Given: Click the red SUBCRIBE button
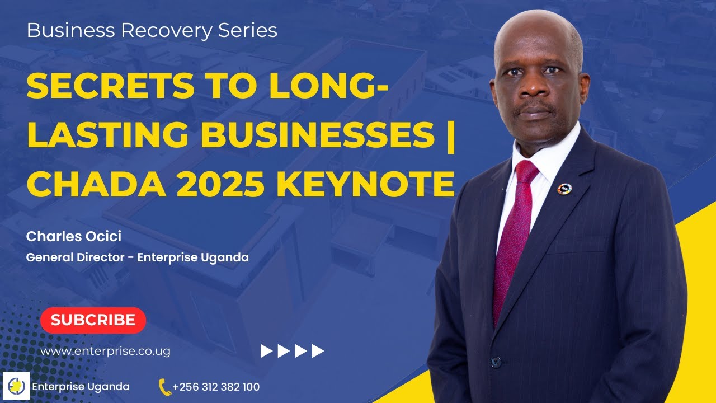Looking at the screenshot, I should click(93, 320).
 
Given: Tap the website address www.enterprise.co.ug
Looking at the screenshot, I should click(106, 352).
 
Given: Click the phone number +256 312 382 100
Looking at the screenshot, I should click(216, 387).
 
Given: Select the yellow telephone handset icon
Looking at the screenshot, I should click(164, 387).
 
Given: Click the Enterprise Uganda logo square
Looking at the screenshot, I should click(17, 386).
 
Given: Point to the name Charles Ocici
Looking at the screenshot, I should click(74, 237).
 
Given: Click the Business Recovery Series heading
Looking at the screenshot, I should click(152, 30).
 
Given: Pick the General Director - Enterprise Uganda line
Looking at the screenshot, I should click(138, 258).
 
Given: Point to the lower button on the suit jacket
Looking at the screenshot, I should click(496, 362).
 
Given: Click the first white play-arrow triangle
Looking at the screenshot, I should click(266, 351).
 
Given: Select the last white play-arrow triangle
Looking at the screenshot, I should click(318, 351).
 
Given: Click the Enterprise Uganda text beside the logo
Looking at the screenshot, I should click(81, 387).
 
